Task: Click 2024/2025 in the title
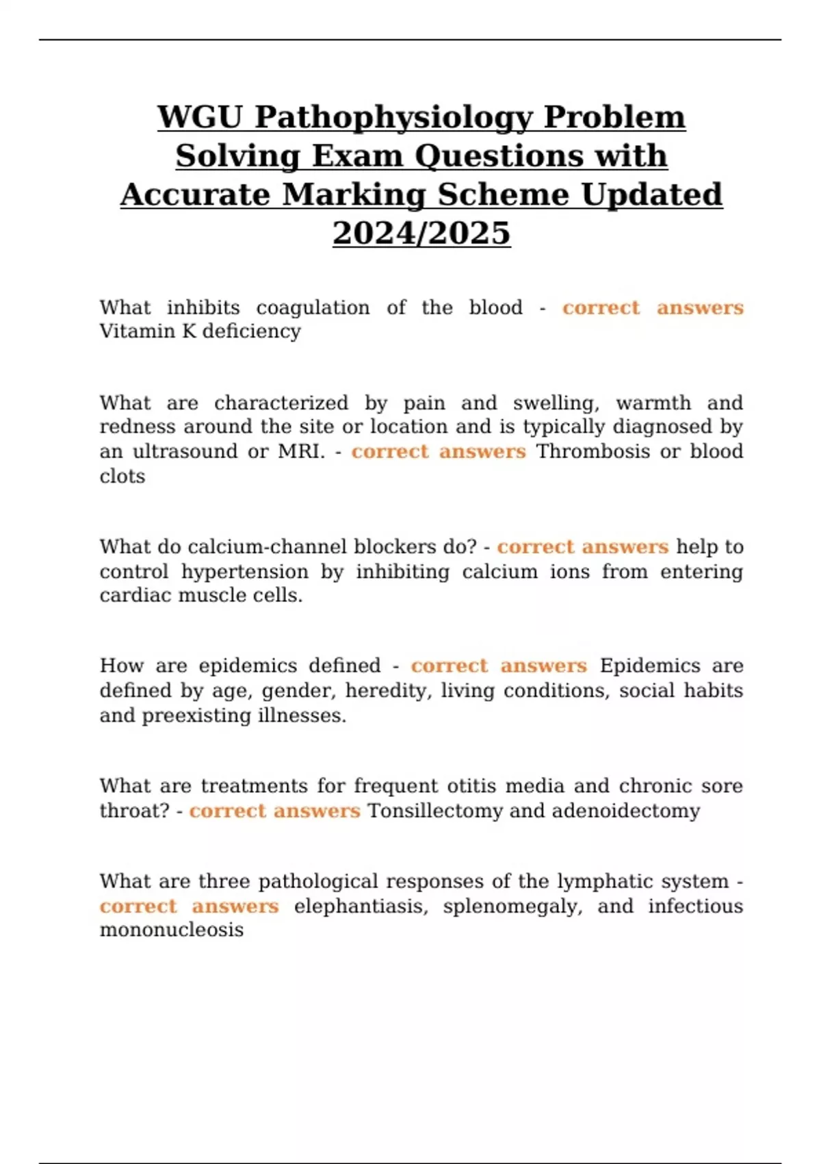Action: (421, 233)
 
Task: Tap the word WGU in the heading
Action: (200, 116)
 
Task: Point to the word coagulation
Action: (313, 307)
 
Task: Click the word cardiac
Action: (135, 596)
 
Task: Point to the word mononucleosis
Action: (171, 930)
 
